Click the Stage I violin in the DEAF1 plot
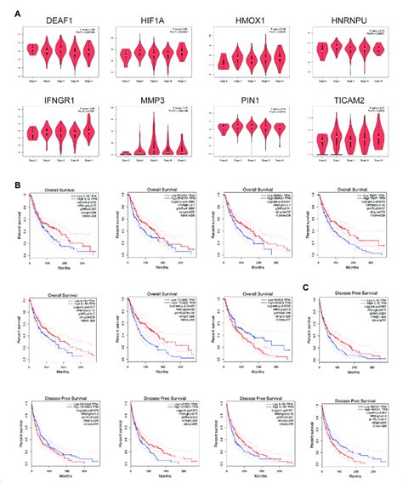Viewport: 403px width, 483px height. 32,49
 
